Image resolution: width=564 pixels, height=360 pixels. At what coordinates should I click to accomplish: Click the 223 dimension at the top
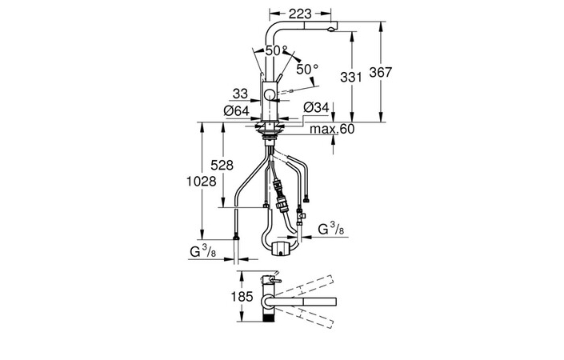300,14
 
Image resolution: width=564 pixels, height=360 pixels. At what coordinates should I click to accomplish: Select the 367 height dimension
381,72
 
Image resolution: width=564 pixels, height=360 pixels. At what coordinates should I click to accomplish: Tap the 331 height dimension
350,77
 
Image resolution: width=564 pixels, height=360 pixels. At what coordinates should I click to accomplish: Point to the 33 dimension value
240,94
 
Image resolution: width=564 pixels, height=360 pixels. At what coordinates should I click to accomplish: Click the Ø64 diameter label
236,110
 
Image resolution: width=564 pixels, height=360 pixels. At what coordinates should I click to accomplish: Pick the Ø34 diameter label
316,107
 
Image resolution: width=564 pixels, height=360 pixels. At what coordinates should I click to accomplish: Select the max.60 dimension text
332,129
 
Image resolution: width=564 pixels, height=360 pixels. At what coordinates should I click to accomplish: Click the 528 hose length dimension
222,165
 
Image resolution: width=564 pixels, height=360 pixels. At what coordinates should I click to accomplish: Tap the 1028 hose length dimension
202,182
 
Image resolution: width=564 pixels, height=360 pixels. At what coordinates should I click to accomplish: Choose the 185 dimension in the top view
242,297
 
